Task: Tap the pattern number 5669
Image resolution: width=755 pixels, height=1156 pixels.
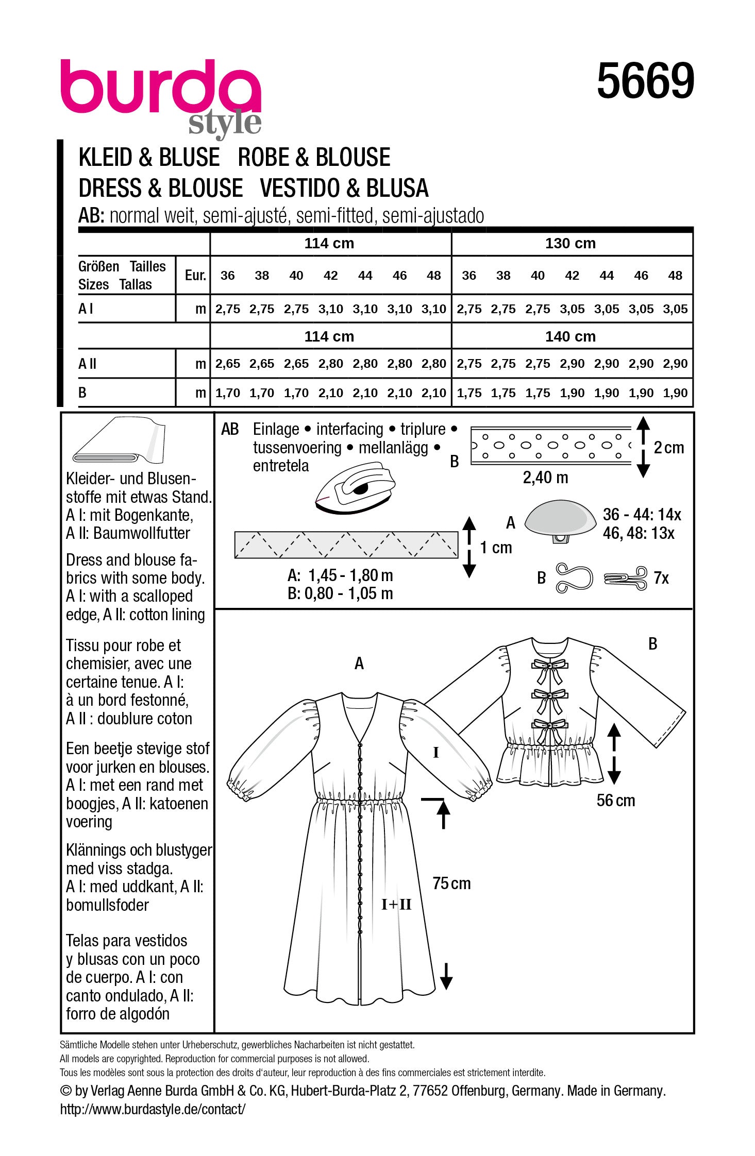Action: click(645, 81)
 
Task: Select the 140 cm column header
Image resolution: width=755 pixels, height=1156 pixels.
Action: click(570, 336)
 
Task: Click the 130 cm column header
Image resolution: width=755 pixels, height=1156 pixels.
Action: click(570, 243)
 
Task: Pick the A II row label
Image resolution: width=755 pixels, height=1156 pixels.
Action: click(88, 364)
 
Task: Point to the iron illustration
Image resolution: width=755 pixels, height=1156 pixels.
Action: click(355, 487)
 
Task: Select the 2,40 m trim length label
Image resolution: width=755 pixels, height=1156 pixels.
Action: click(545, 478)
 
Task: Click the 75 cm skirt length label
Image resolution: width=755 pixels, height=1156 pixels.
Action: click(451, 883)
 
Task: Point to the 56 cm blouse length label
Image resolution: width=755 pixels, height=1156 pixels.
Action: click(615, 800)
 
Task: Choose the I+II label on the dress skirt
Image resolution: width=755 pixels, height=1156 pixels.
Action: click(396, 904)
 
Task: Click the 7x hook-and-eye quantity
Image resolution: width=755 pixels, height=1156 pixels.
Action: click(661, 578)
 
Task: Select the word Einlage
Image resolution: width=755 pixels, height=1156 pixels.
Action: click(276, 429)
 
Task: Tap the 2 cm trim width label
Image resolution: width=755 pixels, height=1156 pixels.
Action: click(668, 448)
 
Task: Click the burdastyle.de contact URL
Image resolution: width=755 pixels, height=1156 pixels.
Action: click(153, 1109)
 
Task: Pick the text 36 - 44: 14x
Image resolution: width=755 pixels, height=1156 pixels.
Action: click(642, 514)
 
